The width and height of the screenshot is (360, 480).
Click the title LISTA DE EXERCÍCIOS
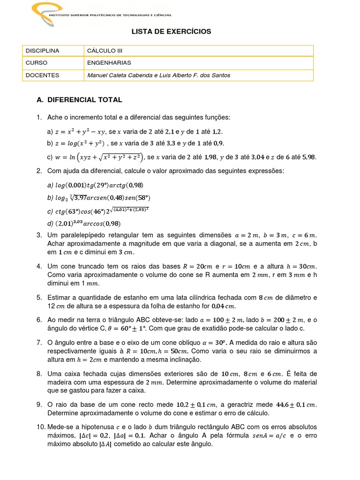171,31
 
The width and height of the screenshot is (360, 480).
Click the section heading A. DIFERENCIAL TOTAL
79,100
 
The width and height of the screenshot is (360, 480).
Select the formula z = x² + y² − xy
80,133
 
